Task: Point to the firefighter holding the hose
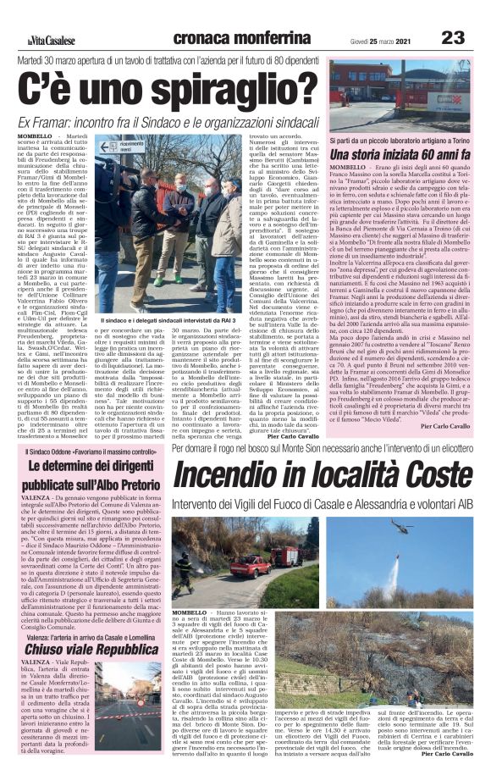(x=184, y=568)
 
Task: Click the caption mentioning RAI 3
(x=168, y=321)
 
